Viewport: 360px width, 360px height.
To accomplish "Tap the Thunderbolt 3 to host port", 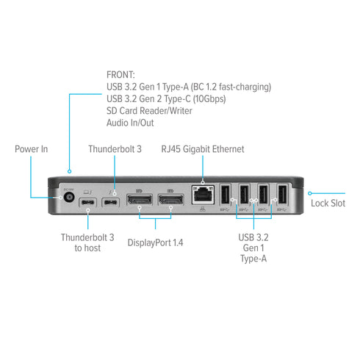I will click(x=88, y=203).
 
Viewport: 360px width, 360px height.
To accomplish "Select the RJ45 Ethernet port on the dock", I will click(x=202, y=195).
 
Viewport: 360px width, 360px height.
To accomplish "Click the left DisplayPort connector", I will click(x=140, y=201).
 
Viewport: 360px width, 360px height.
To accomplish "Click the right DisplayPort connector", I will click(x=170, y=201).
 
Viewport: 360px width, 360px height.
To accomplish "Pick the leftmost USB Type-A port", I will click(x=226, y=195).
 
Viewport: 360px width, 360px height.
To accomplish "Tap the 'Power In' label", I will click(x=32, y=149).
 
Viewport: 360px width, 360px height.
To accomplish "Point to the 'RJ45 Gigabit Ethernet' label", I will click(x=203, y=149).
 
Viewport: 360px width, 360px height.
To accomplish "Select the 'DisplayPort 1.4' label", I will click(x=155, y=242).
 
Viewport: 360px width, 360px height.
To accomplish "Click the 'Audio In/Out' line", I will click(x=132, y=124).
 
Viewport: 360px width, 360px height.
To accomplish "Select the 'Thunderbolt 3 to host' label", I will click(x=87, y=242).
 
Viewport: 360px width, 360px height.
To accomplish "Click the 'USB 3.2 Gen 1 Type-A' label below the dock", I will click(x=254, y=248).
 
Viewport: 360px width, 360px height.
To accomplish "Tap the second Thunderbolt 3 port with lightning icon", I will click(x=112, y=203).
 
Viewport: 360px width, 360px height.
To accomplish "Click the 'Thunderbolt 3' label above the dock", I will click(x=115, y=149).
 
